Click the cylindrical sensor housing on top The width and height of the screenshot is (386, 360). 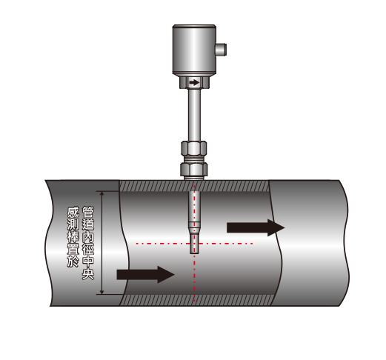point(194,50)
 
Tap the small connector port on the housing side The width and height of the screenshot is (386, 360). point(221,49)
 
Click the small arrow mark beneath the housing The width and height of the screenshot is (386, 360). point(194,82)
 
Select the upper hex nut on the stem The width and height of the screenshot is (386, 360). point(194,148)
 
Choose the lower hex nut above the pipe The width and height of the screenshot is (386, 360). point(194,169)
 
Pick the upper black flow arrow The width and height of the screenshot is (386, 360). point(256,227)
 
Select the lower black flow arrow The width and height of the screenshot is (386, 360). point(146,274)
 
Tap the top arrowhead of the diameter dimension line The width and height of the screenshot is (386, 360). point(102,193)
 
